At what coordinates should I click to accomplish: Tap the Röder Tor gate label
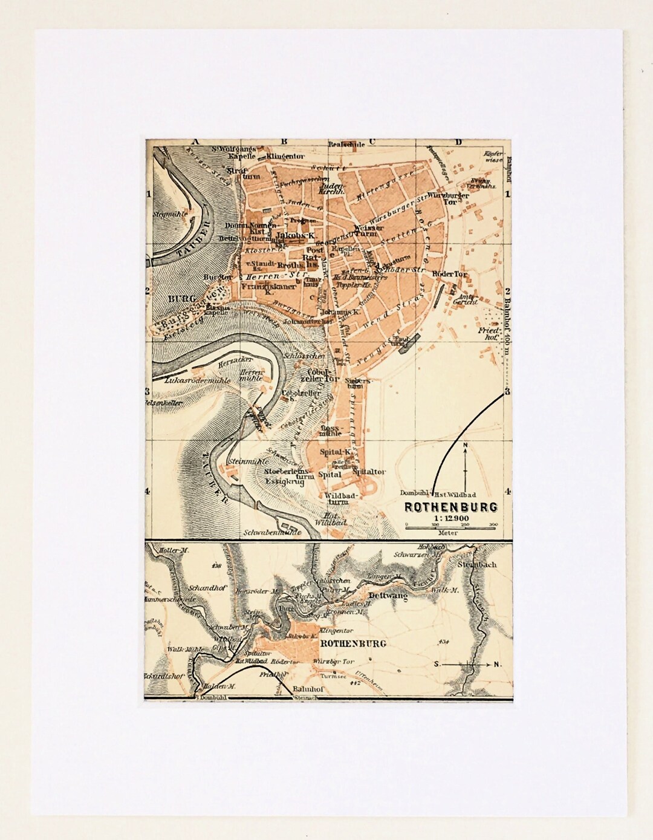(450, 274)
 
